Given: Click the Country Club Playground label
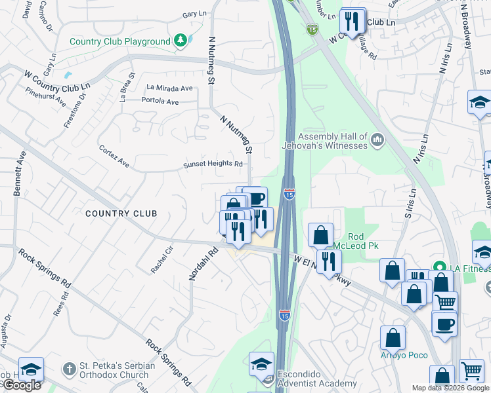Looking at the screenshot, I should pyautogui.click(x=120, y=42).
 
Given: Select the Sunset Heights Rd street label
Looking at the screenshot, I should pyautogui.click(x=213, y=164).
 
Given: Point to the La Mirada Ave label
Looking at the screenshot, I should pyautogui.click(x=169, y=88).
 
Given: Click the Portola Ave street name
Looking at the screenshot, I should pyautogui.click(x=160, y=102).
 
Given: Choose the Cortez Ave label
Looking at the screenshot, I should pyautogui.click(x=114, y=157).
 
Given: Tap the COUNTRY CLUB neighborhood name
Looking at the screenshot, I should pyautogui.click(x=121, y=214).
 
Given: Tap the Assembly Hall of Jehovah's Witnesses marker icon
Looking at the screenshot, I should pyautogui.click(x=377, y=140).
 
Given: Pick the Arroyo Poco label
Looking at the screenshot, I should pyautogui.click(x=404, y=355).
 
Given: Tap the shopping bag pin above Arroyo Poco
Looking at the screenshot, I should pyautogui.click(x=393, y=337).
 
